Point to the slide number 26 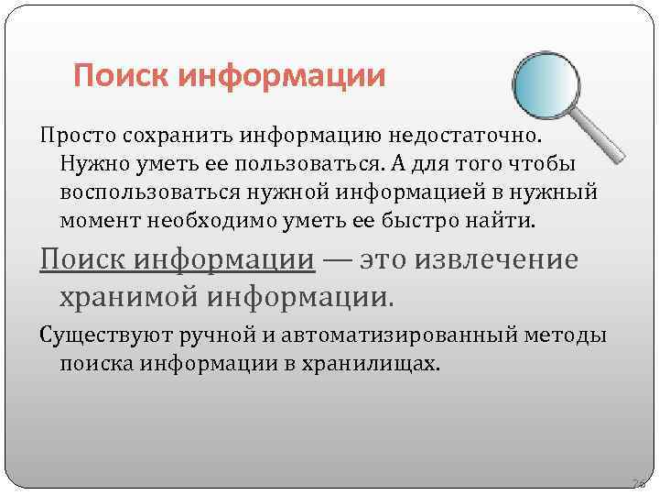(x=637, y=481)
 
